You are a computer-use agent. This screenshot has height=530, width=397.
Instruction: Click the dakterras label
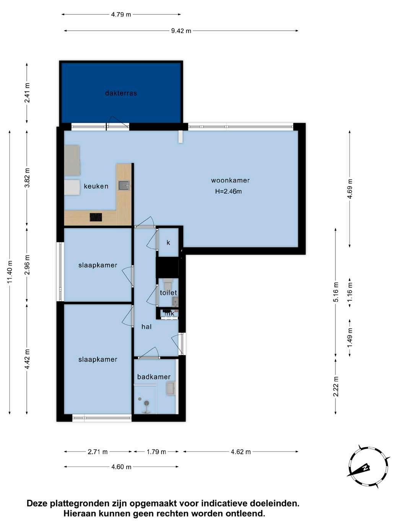121,93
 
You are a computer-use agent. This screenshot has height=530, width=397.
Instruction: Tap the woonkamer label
230,180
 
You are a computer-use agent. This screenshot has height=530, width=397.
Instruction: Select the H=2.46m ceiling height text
228,191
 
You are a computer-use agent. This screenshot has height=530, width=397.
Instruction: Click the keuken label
96,186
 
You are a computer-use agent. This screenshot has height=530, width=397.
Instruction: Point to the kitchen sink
124,185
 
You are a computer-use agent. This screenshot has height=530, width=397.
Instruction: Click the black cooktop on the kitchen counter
96,217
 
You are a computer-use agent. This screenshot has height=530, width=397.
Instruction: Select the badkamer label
154,377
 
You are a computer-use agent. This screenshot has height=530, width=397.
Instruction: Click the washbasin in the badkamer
171,389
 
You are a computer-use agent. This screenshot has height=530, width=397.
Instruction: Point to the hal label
146,327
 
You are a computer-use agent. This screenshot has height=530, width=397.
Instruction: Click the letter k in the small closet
168,242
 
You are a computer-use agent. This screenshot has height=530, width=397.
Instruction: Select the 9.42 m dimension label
181,31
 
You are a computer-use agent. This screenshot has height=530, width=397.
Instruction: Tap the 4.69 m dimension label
350,189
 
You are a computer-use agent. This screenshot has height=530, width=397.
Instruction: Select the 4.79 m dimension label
121,15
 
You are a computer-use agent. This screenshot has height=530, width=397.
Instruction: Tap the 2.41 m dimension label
27,93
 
